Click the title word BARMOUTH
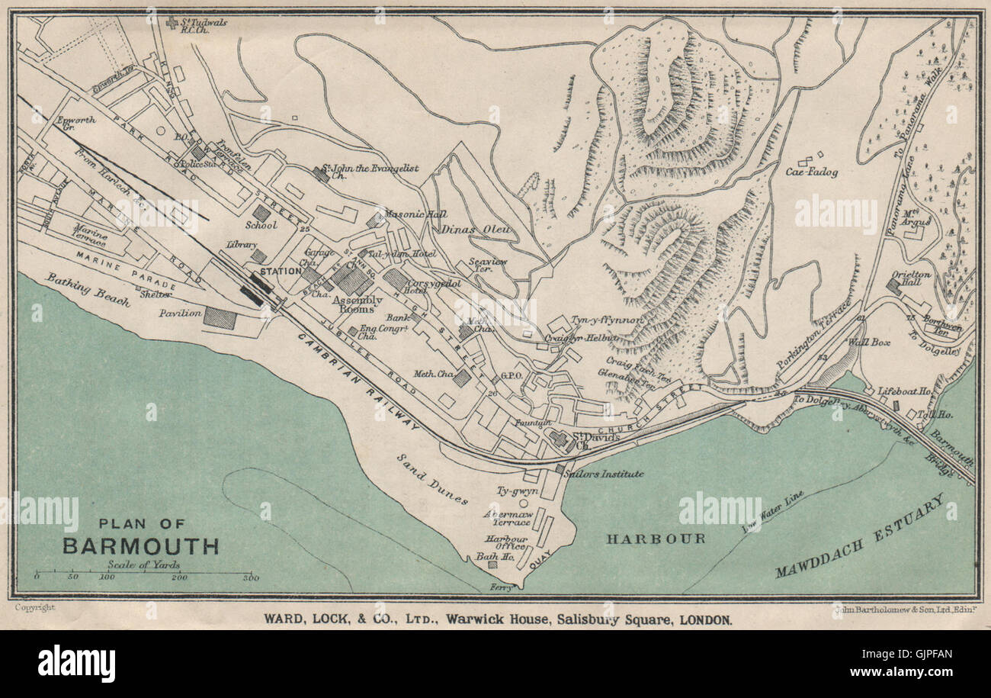[141, 546]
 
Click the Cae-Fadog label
[812, 172]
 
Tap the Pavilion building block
[220, 317]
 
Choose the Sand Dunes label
[432, 478]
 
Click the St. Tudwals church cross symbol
[172, 23]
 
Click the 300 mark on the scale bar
[250, 578]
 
